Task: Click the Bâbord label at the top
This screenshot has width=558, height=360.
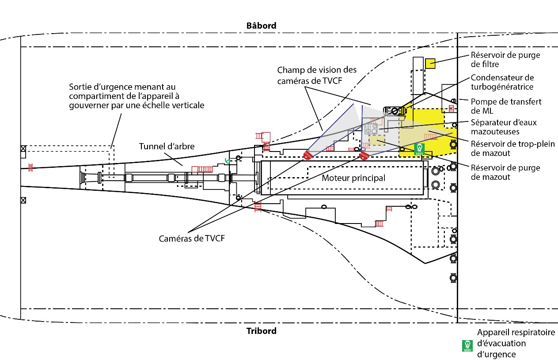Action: click(x=261, y=26)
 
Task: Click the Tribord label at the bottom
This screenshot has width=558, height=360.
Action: click(x=261, y=331)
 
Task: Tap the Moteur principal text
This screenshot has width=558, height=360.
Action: click(x=353, y=178)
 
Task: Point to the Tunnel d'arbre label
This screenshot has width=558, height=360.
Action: click(x=167, y=146)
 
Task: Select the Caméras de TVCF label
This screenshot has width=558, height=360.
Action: click(x=192, y=238)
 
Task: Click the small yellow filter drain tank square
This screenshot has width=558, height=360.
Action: click(x=430, y=64)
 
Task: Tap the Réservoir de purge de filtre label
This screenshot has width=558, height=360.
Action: click(x=505, y=60)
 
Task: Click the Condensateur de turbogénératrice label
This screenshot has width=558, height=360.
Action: click(x=502, y=82)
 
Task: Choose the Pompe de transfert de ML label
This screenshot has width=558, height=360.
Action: click(x=506, y=106)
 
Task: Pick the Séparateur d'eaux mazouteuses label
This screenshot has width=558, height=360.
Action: click(x=504, y=127)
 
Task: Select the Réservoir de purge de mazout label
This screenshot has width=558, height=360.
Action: click(x=505, y=172)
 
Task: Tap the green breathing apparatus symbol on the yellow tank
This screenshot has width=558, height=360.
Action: click(x=419, y=148)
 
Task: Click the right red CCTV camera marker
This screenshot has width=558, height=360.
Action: click(x=364, y=155)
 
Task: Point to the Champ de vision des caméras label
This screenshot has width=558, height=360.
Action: click(x=317, y=75)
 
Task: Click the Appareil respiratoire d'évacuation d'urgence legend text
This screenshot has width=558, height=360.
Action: click(x=516, y=343)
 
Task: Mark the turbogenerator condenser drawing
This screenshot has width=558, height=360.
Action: click(x=395, y=111)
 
